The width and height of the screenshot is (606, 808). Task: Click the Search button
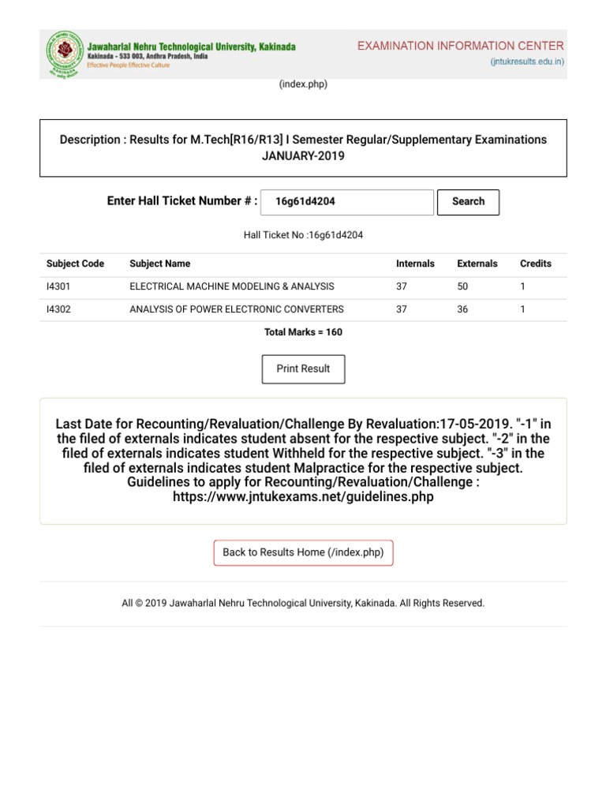[x=468, y=202]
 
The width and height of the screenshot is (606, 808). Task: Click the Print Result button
[x=303, y=369]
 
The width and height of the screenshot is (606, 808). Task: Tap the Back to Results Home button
[x=303, y=552]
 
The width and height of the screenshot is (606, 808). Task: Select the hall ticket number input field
[x=346, y=202]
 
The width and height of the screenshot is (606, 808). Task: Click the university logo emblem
[x=63, y=54]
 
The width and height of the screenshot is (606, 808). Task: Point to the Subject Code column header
[x=75, y=264]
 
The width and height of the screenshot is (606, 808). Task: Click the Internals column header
[x=415, y=264]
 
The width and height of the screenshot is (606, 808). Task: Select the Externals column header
[x=477, y=264]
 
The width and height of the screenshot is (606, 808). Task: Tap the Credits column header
[x=536, y=264]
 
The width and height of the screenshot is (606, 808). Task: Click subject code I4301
[x=58, y=286]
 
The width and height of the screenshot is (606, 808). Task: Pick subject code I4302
[x=58, y=309]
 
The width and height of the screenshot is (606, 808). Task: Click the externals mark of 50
[x=462, y=286]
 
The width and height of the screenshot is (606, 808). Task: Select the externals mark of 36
[x=462, y=309]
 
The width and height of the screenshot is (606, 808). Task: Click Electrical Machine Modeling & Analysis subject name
[x=231, y=286]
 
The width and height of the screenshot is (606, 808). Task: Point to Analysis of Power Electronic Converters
[x=236, y=309]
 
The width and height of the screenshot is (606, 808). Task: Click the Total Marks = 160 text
[x=303, y=332]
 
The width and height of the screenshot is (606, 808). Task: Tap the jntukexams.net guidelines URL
[x=303, y=498]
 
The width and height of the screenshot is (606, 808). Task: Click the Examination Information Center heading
[x=461, y=47]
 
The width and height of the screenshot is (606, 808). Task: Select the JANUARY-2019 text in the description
[x=303, y=156]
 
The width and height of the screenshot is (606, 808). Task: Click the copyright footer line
[x=303, y=603]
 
